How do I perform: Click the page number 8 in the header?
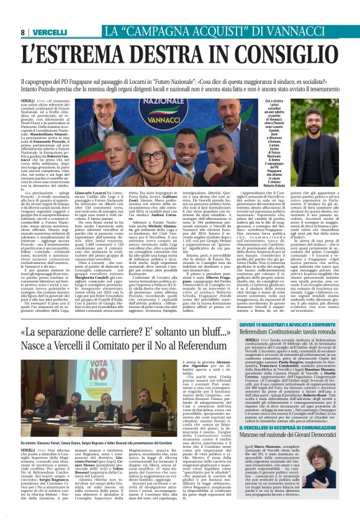(22, 32)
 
